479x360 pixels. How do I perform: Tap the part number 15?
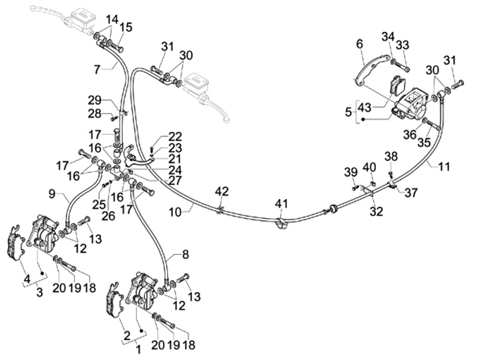click(126, 27)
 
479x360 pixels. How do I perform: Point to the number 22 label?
click(174, 136)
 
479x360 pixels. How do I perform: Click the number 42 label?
click(222, 191)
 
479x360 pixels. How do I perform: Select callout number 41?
click(282, 203)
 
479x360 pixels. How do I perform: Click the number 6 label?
click(359, 44)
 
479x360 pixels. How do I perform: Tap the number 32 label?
click(377, 212)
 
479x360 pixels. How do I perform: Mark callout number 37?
click(411, 193)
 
